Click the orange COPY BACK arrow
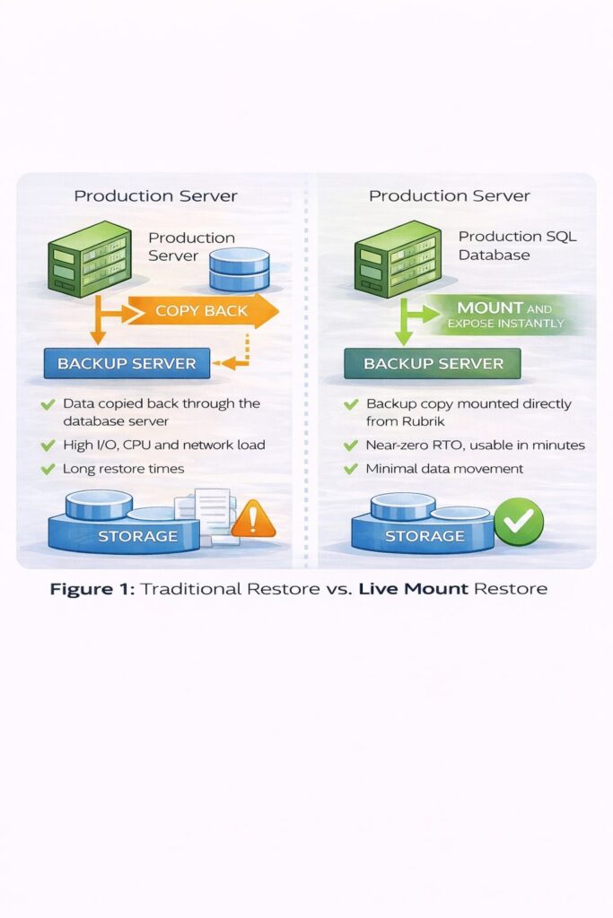(202, 311)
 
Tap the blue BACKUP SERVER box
(127, 363)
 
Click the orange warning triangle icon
(253, 518)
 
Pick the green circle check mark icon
(519, 520)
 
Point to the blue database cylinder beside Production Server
(239, 269)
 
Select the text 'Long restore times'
(123, 469)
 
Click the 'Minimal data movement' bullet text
(444, 469)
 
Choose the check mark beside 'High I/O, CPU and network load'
(48, 446)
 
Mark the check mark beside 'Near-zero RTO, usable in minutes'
(352, 446)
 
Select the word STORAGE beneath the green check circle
(425, 536)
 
